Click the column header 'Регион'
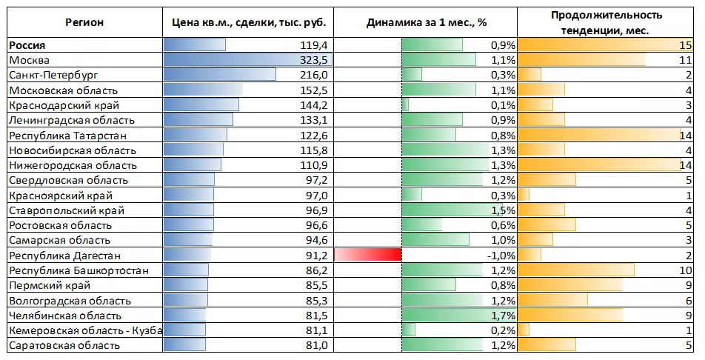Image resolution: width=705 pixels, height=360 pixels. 84,22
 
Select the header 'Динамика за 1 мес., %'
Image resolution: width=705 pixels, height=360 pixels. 427,22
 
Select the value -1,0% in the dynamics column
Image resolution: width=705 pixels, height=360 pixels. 501,256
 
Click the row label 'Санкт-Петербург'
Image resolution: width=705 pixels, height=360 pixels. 53,75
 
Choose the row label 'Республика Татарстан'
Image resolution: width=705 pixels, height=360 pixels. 68,136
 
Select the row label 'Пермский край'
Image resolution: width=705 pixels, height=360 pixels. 50,285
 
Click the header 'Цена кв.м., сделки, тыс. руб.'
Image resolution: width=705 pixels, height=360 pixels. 248,22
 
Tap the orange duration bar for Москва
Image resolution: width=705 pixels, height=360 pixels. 582,60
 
